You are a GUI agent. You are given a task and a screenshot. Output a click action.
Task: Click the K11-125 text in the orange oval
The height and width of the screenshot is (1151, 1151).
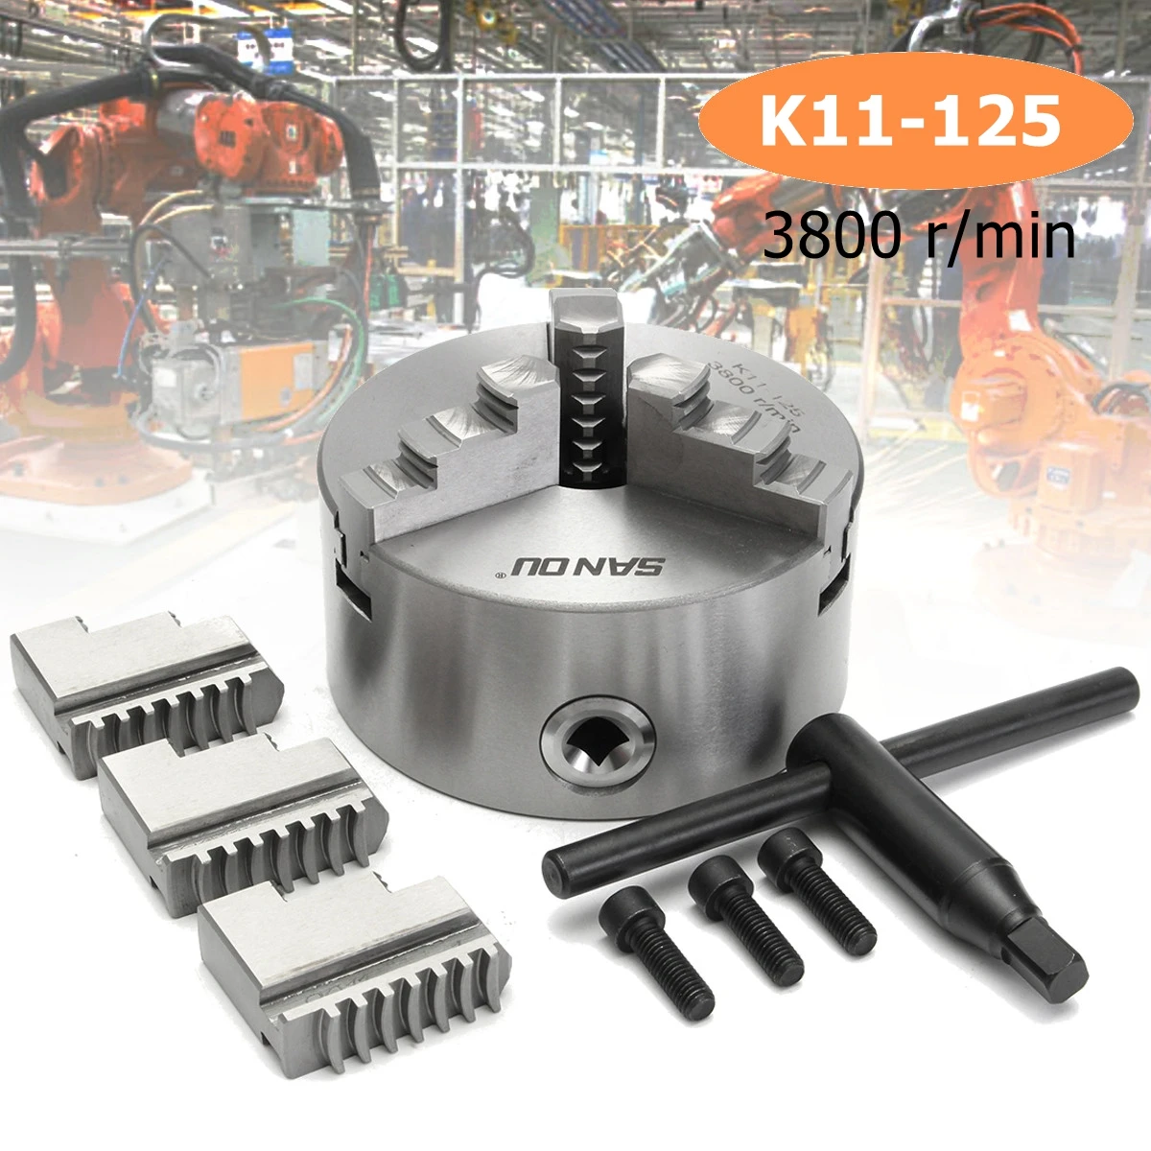point(910,123)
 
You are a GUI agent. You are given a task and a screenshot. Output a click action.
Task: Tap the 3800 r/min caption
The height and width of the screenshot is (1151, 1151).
point(918,235)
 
